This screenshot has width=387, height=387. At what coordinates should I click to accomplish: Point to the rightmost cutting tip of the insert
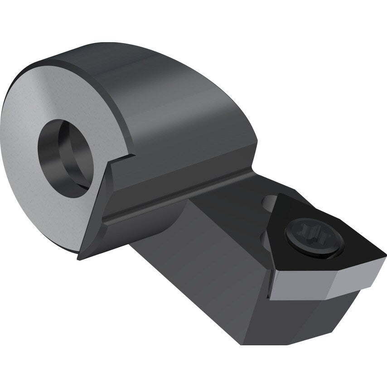click(x=384, y=254)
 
